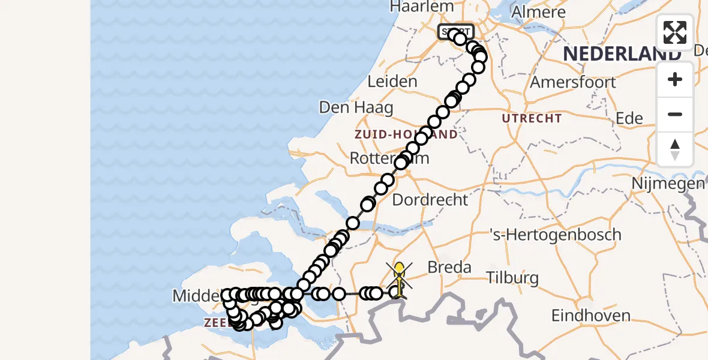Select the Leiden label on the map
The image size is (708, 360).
[392, 82]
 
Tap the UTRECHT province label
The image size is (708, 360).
[532, 118]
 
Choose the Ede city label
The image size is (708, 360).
[630, 118]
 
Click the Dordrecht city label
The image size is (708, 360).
[430, 200]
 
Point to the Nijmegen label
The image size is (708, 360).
[671, 183]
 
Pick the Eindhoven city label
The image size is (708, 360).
[591, 316]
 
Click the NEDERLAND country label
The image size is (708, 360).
[622, 54]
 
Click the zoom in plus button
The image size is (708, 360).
[675, 79]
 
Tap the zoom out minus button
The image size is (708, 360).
[675, 114]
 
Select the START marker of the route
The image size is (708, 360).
[456, 31]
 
